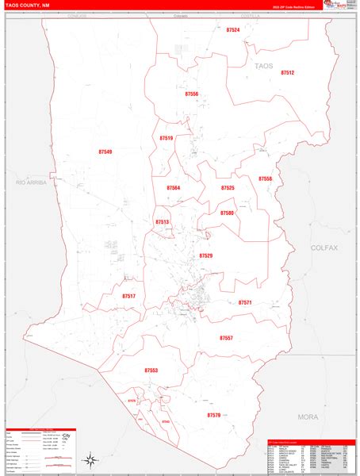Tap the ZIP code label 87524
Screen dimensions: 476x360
[x=232, y=30]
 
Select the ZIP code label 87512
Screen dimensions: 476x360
[x=286, y=73]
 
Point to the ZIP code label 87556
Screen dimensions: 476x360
[x=191, y=94]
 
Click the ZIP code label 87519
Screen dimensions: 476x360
[x=166, y=138]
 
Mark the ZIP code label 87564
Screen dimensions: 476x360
[x=174, y=188]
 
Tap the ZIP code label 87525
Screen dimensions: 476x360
[x=228, y=188]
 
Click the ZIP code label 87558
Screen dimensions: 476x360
[x=265, y=179]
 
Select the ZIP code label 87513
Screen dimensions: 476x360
[x=163, y=223]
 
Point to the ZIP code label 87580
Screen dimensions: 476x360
[x=227, y=213]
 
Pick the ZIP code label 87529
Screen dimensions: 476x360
[x=206, y=256]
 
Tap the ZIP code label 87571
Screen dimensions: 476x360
[x=245, y=302]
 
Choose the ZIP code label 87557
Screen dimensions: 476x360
[x=227, y=338]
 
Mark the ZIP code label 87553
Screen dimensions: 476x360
[x=151, y=370]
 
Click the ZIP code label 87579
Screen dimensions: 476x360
[x=214, y=415]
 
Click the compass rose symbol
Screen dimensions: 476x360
[x=91, y=459]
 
